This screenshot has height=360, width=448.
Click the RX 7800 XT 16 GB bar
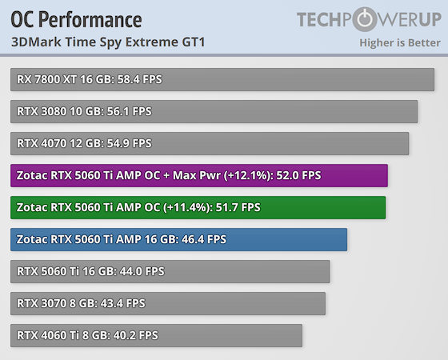click(x=223, y=79)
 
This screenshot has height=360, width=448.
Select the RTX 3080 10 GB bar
click(x=214, y=111)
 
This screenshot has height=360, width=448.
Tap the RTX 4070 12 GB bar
click(x=210, y=143)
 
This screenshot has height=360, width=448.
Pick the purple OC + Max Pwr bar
click(x=199, y=175)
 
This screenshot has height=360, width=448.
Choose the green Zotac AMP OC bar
click(x=198, y=207)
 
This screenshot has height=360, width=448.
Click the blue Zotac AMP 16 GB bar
click(x=179, y=239)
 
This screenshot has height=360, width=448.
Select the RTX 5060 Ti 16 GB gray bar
click(x=170, y=271)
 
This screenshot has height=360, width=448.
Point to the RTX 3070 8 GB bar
click(x=168, y=303)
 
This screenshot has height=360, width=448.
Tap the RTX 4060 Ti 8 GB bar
click(x=157, y=335)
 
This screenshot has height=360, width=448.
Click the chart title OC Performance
click(x=77, y=19)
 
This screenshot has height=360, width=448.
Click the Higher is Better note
click(x=400, y=42)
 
